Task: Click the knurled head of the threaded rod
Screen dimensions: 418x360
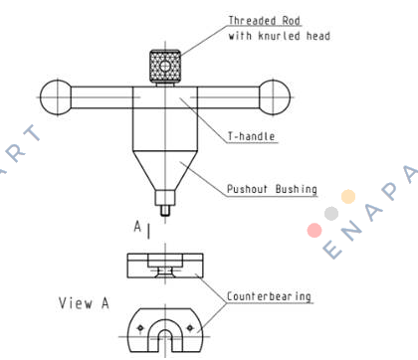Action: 165,67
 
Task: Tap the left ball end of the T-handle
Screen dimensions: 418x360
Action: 56,97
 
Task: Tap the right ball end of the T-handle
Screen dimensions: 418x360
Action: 274,97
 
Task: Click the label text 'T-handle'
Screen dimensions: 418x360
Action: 251,136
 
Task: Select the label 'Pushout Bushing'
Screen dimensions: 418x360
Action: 272,189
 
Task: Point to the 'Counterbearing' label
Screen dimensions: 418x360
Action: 269,296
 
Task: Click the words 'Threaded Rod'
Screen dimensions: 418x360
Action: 265,21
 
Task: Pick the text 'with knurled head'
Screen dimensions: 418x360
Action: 280,36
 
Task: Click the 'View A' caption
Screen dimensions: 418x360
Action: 84,303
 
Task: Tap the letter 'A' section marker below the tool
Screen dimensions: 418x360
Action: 137,227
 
